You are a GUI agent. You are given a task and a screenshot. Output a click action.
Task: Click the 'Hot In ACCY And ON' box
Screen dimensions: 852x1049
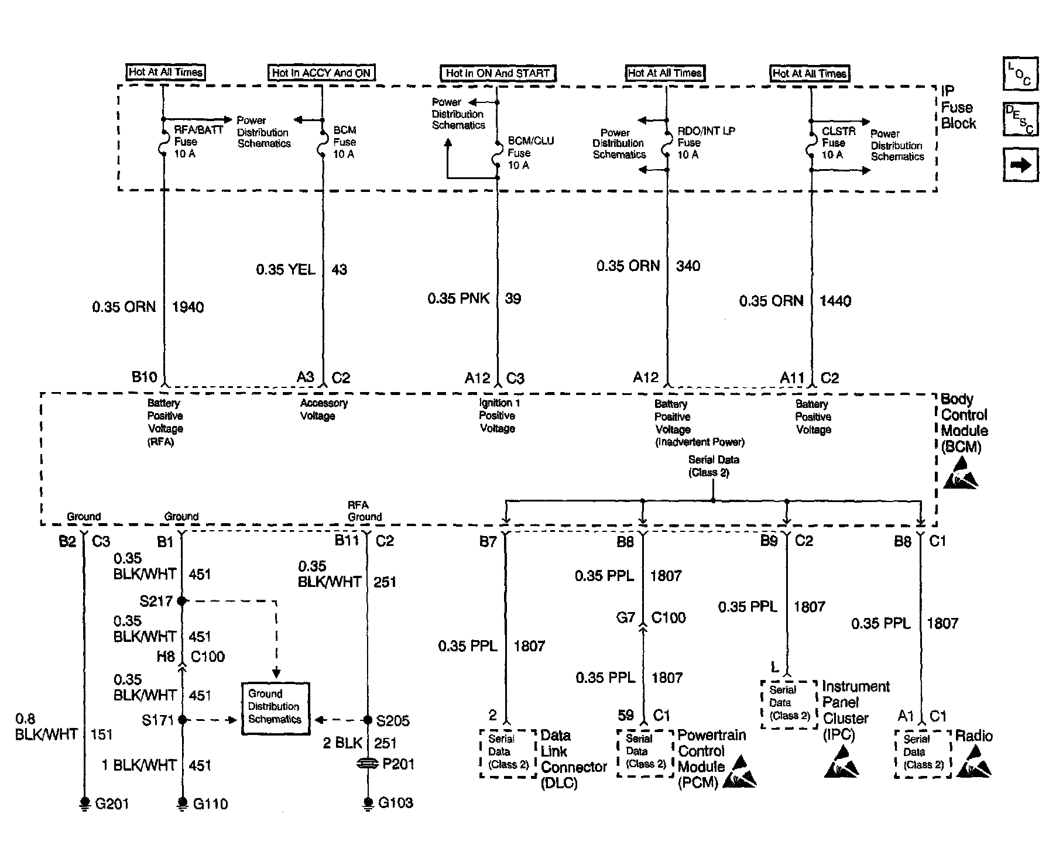coord(321,73)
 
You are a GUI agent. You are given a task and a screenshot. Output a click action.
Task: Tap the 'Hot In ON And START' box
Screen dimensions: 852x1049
coord(497,73)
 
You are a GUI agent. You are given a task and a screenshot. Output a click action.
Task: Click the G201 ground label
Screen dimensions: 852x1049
coord(112,804)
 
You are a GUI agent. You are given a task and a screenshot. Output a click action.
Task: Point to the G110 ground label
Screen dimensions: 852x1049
coord(210,804)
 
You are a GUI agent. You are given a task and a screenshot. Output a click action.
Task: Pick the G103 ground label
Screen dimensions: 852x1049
coord(396,802)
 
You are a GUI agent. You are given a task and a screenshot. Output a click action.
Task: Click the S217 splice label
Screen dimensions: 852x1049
coord(156,601)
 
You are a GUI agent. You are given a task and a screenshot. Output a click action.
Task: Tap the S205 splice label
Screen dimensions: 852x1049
coord(393,720)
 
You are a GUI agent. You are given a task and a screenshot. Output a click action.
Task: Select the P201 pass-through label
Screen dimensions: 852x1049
coord(398,764)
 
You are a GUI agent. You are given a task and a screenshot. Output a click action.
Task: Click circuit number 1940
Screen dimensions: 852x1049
coord(188,307)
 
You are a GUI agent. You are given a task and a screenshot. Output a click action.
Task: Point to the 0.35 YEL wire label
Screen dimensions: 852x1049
coord(286,270)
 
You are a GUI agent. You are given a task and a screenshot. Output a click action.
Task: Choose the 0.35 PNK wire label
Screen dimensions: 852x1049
coord(458,299)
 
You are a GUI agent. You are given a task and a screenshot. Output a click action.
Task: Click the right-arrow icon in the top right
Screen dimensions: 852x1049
coord(1020,166)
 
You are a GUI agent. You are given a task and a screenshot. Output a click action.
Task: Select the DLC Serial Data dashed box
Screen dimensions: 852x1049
coord(508,752)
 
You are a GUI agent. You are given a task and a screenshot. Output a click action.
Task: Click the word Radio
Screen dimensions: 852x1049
coord(973,736)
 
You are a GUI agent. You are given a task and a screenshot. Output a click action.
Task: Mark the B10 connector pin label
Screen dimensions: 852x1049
coord(144,377)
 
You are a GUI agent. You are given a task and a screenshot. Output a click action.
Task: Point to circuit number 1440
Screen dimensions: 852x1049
coord(835,301)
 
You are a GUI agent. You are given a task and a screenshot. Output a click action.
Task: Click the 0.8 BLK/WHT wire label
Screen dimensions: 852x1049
coord(46,726)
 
